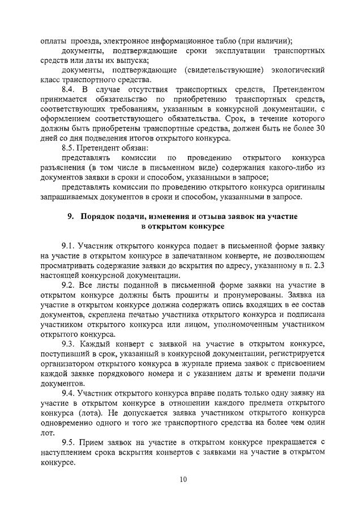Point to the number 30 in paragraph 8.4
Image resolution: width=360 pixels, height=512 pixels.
(320, 129)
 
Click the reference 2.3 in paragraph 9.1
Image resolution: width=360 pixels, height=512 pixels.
(319, 266)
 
